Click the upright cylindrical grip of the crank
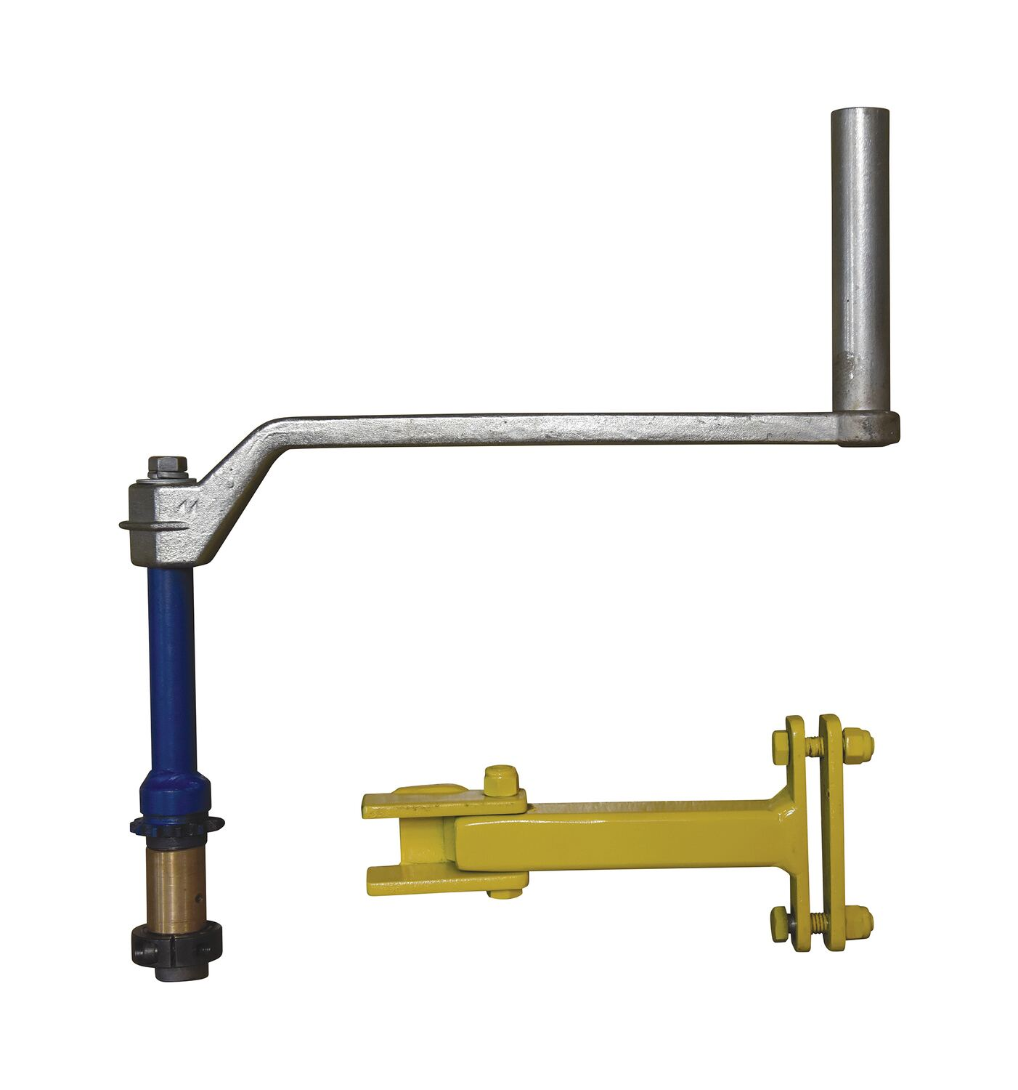click(860, 254)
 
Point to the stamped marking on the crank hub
click(191, 506)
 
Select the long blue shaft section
click(171, 669)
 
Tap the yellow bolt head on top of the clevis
click(500, 780)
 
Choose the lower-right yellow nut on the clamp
click(860, 921)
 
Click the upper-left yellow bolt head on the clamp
click(781, 743)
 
